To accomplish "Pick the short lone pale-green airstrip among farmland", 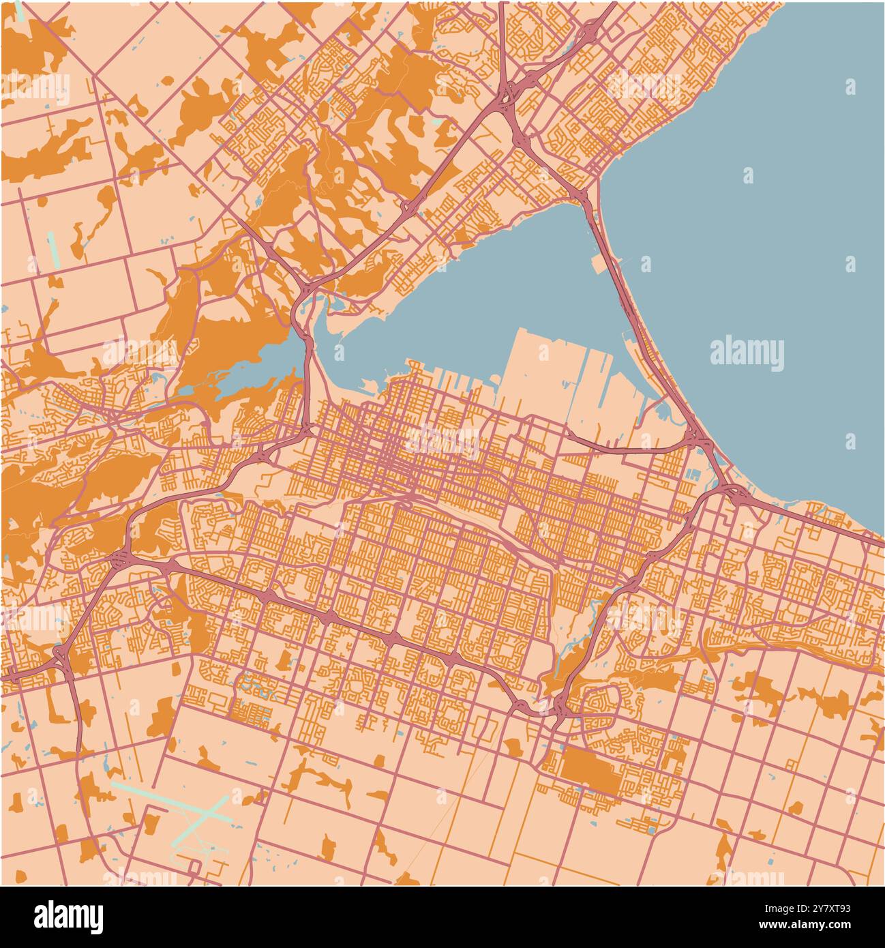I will click(x=53, y=250).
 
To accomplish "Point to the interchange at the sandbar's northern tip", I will click(x=581, y=194).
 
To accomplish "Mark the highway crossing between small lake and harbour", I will click(x=310, y=341).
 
